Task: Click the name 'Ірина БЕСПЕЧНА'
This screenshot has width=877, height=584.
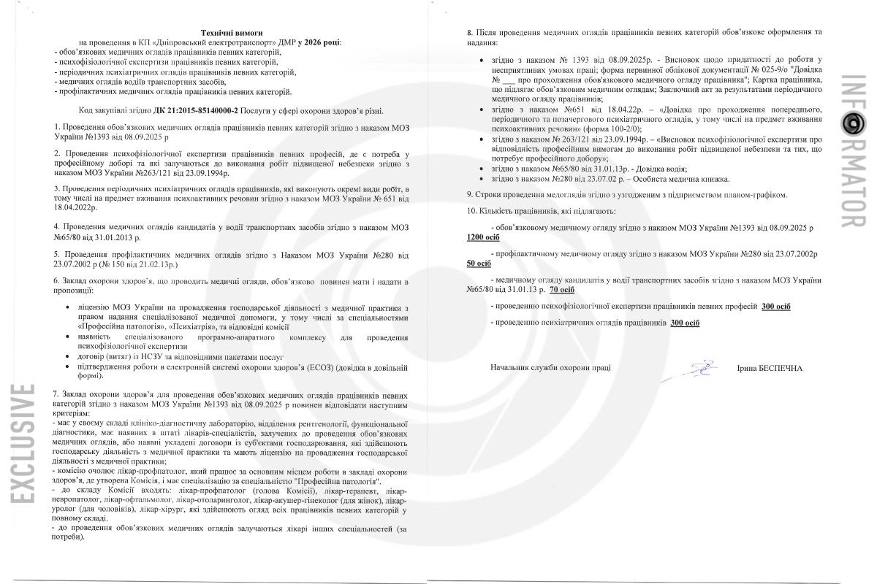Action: [770, 369]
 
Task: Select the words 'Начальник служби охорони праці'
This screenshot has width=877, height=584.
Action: [550, 369]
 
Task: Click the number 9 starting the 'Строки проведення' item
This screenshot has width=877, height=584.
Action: [469, 195]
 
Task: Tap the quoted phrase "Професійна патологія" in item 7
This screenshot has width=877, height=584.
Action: [337, 482]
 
